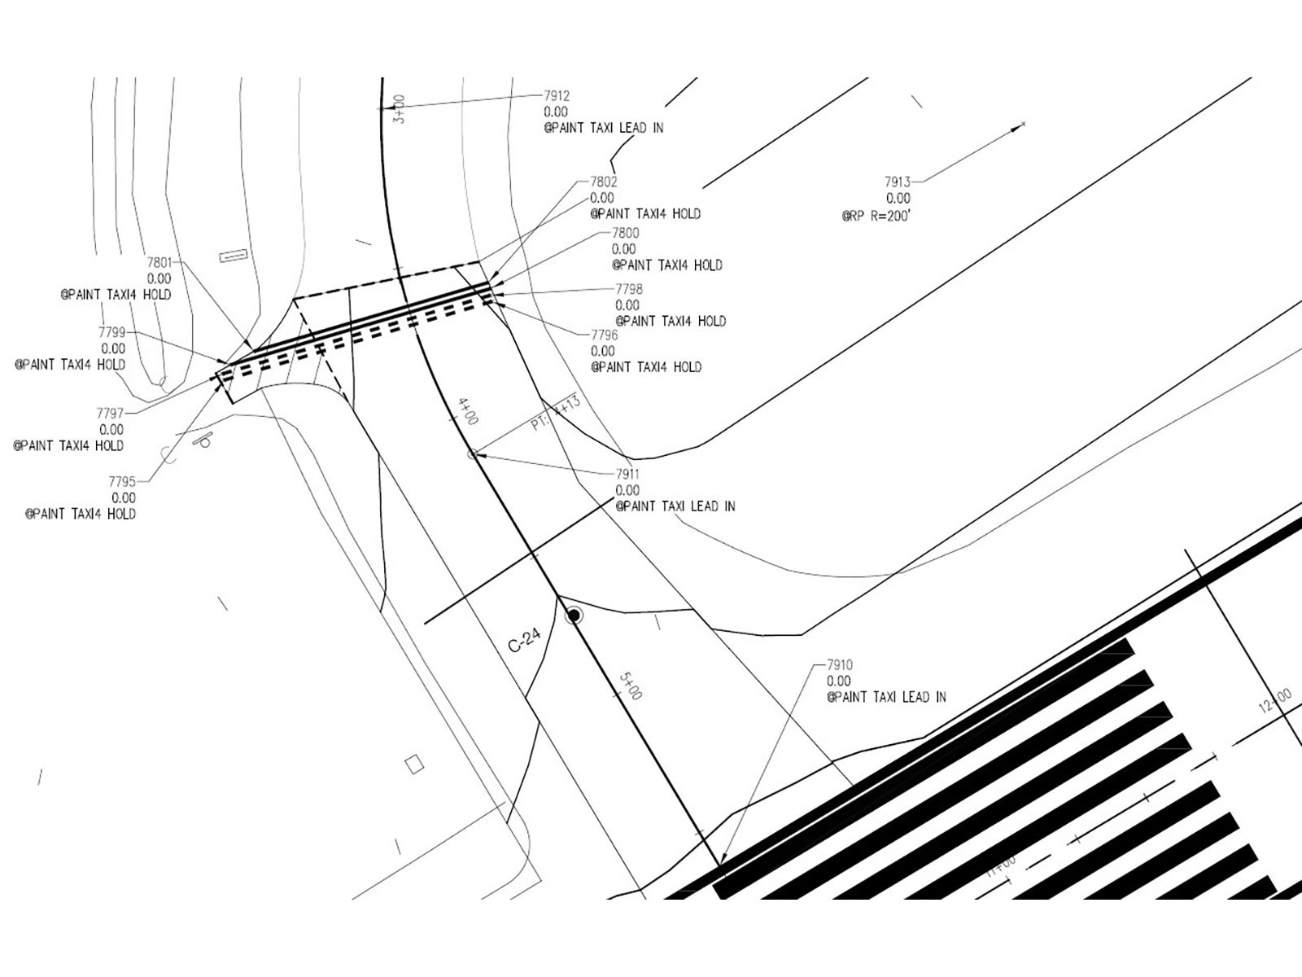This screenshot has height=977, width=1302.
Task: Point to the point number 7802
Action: pos(603,182)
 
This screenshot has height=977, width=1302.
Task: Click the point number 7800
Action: pos(625,233)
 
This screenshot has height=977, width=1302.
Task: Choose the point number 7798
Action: pos(629,289)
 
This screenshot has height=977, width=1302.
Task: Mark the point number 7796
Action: pos(604,335)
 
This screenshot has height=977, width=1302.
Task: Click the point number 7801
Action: pos(159,263)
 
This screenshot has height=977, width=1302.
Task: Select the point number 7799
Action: pos(111,332)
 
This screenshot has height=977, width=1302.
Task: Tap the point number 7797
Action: pos(110,414)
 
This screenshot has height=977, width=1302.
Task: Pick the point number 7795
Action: pos(122,482)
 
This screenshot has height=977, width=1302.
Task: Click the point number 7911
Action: pos(627,474)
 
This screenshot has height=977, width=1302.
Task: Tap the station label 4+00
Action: pos(468,411)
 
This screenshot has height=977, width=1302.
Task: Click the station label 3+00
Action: pos(399,108)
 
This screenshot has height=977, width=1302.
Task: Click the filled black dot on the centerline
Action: pos(574,615)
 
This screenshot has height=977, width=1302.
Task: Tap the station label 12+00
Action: pos(1274,701)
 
